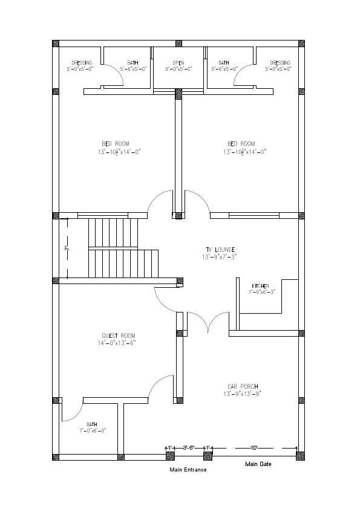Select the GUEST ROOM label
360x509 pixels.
point(118,336)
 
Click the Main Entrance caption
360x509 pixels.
point(188,469)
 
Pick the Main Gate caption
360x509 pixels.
point(258,464)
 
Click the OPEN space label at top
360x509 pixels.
point(178,62)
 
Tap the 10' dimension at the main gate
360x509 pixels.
point(254,447)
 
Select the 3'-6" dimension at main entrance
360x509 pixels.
point(189,447)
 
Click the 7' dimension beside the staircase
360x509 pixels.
point(67,248)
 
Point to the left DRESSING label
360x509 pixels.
point(82,62)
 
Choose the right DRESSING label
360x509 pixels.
point(280,62)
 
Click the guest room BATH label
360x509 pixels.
point(92,424)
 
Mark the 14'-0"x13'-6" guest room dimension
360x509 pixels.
point(118,343)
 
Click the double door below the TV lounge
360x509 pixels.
point(208,323)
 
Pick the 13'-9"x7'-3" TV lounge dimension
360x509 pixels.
point(219,257)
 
